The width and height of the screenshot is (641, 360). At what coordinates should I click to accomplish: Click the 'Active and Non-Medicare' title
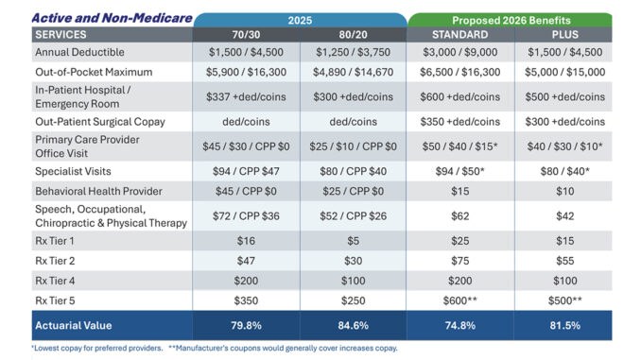click(x=112, y=18)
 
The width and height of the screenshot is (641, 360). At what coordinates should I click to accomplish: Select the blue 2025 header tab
click(x=300, y=20)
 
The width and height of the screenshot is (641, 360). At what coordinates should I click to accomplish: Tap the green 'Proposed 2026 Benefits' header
click(x=511, y=20)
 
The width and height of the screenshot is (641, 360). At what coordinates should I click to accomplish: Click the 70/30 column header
click(x=246, y=35)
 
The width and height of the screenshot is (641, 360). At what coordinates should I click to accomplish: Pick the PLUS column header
click(x=565, y=35)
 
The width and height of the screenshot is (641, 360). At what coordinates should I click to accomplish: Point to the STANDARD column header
click(x=459, y=35)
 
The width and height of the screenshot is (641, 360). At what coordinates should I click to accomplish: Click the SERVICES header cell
click(x=61, y=35)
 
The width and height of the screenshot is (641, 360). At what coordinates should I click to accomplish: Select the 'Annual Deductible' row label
click(x=79, y=52)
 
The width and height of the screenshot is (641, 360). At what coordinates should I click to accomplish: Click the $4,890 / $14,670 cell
click(x=354, y=73)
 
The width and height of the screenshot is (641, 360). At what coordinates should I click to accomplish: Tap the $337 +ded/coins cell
click(x=246, y=96)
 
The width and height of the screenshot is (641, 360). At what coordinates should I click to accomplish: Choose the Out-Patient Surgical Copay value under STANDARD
click(x=459, y=122)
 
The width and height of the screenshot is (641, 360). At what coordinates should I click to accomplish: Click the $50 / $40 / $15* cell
click(x=459, y=146)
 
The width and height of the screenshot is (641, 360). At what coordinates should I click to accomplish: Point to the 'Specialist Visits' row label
click(x=73, y=171)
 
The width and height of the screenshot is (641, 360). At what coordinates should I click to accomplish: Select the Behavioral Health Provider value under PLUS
click(x=565, y=191)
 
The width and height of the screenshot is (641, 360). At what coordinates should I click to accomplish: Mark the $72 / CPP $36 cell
click(x=246, y=216)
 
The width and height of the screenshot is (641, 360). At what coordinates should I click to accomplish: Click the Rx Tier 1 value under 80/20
click(x=354, y=241)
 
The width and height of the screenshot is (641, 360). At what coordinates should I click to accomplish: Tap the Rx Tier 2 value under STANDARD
click(x=459, y=261)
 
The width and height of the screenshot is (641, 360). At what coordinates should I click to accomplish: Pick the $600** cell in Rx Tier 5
click(x=459, y=300)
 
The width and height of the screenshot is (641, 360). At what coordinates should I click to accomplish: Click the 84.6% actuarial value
click(x=354, y=326)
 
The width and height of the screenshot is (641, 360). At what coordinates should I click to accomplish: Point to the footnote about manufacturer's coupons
click(x=283, y=348)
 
